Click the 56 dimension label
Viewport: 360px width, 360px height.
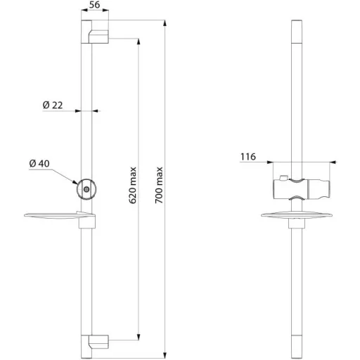tap(94, 5)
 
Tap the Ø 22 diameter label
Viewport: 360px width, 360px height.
tap(53, 105)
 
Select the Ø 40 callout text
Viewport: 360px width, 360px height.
tap(39, 163)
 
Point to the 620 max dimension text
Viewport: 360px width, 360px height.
tap(133, 185)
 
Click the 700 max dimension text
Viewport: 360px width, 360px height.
tap(159, 185)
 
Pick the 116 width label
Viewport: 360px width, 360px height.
tap(248, 157)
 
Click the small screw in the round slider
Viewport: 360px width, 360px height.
tap(86, 189)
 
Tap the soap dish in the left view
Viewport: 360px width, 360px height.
tap(60, 216)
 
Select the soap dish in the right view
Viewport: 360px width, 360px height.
tap(297, 216)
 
